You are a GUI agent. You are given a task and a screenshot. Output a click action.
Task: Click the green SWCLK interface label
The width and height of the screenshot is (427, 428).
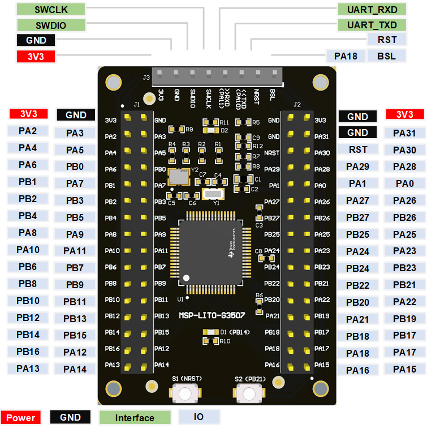pyautogui.click(x=50, y=10)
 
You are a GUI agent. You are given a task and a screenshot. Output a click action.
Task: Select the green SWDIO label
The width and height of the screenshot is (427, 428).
pyautogui.click(x=50, y=25)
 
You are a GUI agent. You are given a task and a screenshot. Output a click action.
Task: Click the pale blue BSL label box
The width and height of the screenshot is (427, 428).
pyautogui.click(x=387, y=55)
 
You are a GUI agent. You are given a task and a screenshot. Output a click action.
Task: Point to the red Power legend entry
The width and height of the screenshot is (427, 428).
pyautogui.click(x=21, y=418)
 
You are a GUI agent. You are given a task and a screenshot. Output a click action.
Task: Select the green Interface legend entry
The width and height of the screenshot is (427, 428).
pyautogui.click(x=135, y=418)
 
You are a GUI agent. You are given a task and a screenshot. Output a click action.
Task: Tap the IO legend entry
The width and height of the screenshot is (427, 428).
pyautogui.click(x=199, y=417)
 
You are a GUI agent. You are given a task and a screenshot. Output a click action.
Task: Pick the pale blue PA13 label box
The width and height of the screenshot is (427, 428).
pyautogui.click(x=28, y=369)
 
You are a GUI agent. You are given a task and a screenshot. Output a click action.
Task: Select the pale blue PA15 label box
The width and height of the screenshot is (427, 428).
pyautogui.click(x=404, y=369)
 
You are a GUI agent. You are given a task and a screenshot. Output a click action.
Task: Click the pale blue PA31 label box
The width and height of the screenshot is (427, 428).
pyautogui.click(x=404, y=133)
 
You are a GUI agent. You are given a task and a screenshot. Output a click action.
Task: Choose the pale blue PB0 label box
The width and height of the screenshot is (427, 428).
pyautogui.click(x=75, y=166)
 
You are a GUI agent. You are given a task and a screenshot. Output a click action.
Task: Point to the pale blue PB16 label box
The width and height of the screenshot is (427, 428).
pyautogui.click(x=28, y=352)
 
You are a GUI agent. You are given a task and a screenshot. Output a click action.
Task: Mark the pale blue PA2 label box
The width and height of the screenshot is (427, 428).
pyautogui.click(x=28, y=131)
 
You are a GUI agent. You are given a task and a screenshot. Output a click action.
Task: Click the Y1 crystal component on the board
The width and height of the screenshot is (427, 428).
pyautogui.click(x=212, y=194)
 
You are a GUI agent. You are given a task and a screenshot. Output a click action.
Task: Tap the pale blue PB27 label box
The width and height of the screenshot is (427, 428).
pyautogui.click(x=357, y=217)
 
